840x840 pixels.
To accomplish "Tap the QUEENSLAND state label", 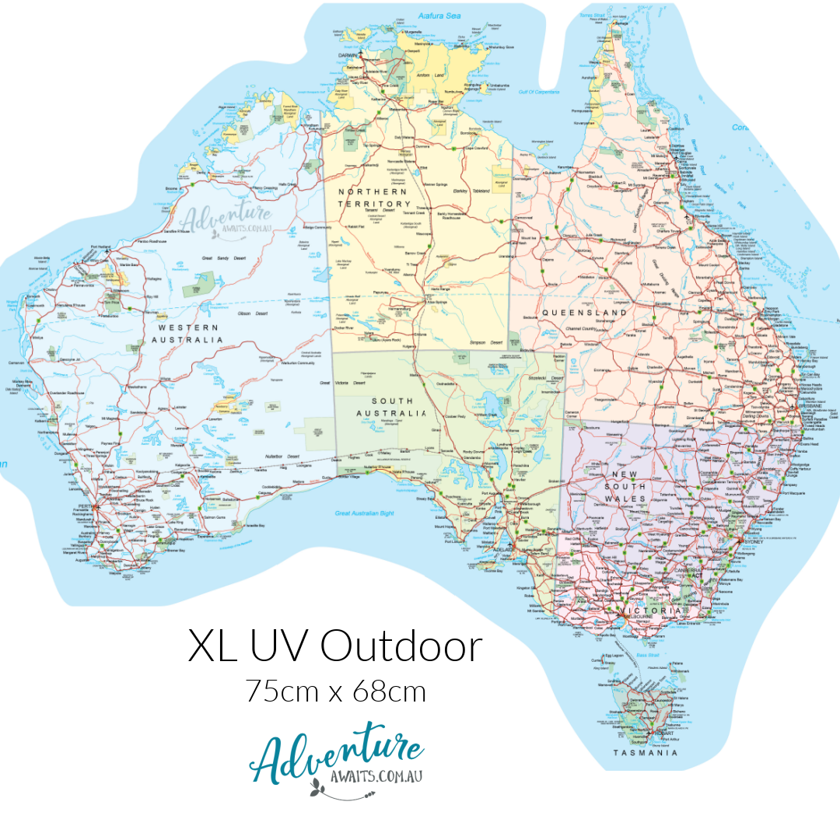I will pos(584,313).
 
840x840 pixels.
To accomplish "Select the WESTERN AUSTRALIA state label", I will pos(187,333).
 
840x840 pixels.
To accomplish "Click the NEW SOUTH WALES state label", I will pos(629,486).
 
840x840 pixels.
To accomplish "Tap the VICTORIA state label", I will pos(657,611).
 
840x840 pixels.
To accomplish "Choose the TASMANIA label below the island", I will pos(645,753).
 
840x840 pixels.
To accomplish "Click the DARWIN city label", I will pos(351,56).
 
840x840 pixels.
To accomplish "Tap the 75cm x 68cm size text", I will pos(336,691).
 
